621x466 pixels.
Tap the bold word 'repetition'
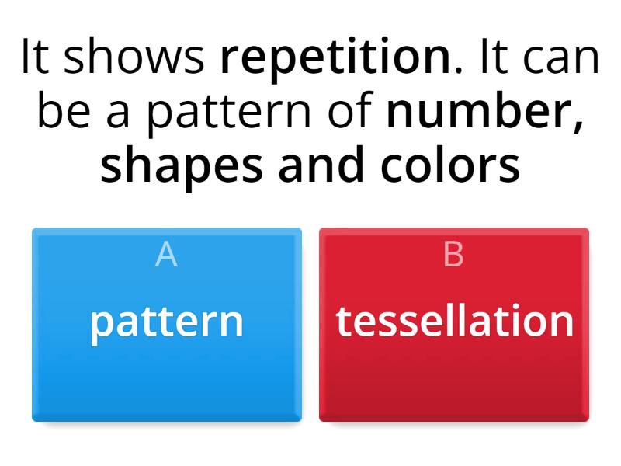[336, 57]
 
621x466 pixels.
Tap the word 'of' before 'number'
[352, 112]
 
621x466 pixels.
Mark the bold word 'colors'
[450, 165]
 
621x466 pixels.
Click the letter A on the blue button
[166, 255]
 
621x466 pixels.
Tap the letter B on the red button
[453, 255]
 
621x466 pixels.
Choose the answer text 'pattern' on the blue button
[166, 321]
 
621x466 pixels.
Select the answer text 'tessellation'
[454, 321]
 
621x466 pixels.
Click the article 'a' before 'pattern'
[118, 113]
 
